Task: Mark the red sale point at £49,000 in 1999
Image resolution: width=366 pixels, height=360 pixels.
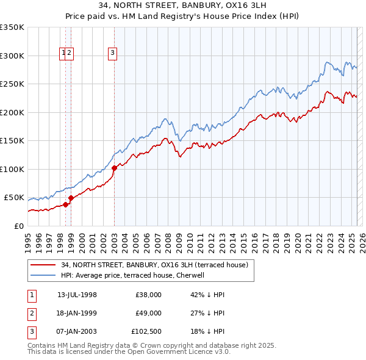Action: click(x=71, y=198)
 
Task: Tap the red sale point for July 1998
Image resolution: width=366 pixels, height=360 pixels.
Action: click(x=65, y=204)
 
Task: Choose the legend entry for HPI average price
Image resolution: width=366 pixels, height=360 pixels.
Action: click(x=136, y=276)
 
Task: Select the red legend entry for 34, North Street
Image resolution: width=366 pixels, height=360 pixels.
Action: click(x=154, y=265)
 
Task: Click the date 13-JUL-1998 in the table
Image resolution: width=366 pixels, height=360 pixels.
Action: click(x=77, y=295)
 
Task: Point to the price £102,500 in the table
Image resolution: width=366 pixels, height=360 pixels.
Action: click(x=146, y=333)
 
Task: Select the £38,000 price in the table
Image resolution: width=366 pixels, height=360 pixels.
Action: click(x=149, y=295)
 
